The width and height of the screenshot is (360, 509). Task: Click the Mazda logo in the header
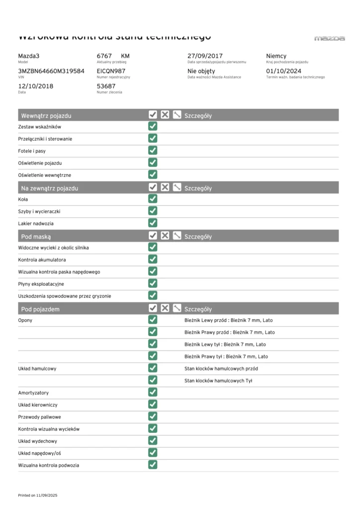click(x=330, y=38)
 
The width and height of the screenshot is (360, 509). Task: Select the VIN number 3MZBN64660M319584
click(x=51, y=71)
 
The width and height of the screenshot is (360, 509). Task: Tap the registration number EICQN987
click(x=111, y=71)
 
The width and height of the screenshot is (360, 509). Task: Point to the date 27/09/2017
click(x=205, y=56)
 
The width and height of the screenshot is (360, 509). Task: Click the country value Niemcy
click(x=276, y=56)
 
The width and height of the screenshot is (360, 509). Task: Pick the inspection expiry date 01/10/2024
click(x=284, y=71)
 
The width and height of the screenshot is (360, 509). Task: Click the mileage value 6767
click(x=104, y=56)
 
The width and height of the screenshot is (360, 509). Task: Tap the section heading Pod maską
click(x=36, y=237)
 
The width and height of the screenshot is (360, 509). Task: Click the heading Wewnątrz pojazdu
click(x=46, y=116)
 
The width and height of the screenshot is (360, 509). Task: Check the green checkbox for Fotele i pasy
click(x=153, y=151)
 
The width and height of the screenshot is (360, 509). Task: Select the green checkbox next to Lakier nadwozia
click(x=153, y=223)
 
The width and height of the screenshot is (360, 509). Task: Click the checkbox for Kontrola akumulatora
click(x=153, y=259)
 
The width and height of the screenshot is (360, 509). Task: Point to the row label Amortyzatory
click(x=33, y=393)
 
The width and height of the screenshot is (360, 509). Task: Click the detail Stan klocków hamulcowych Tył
click(x=219, y=381)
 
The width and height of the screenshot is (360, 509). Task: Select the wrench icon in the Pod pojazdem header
click(x=177, y=309)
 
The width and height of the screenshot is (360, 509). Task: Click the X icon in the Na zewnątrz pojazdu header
click(x=165, y=188)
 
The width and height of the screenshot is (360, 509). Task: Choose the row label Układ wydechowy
click(x=37, y=441)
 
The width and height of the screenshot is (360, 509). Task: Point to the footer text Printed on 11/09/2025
click(x=38, y=496)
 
